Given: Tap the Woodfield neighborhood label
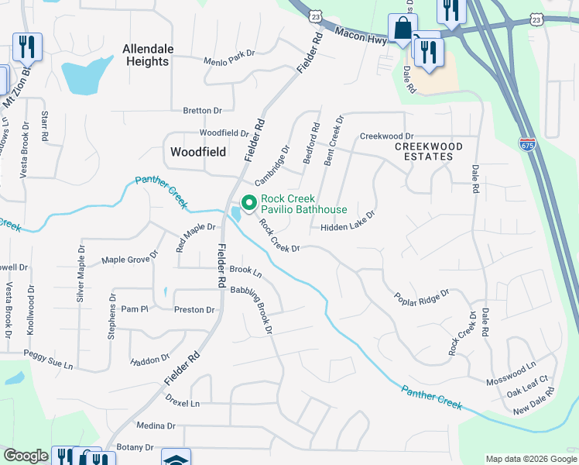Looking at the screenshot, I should tap(198, 152).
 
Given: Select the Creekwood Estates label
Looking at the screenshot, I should tap(428, 151).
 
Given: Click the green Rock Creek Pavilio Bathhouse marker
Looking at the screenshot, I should tap(249, 203).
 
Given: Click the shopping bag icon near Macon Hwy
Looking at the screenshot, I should tap(403, 29).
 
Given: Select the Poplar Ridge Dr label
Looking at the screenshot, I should tap(421, 298).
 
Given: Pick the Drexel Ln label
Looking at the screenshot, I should tap(183, 404).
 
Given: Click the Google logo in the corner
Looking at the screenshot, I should tap(26, 456).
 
